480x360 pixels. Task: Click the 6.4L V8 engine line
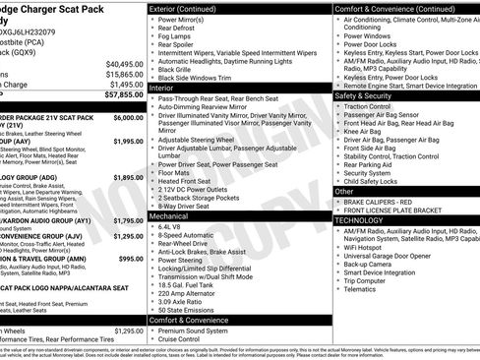point(171,225)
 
